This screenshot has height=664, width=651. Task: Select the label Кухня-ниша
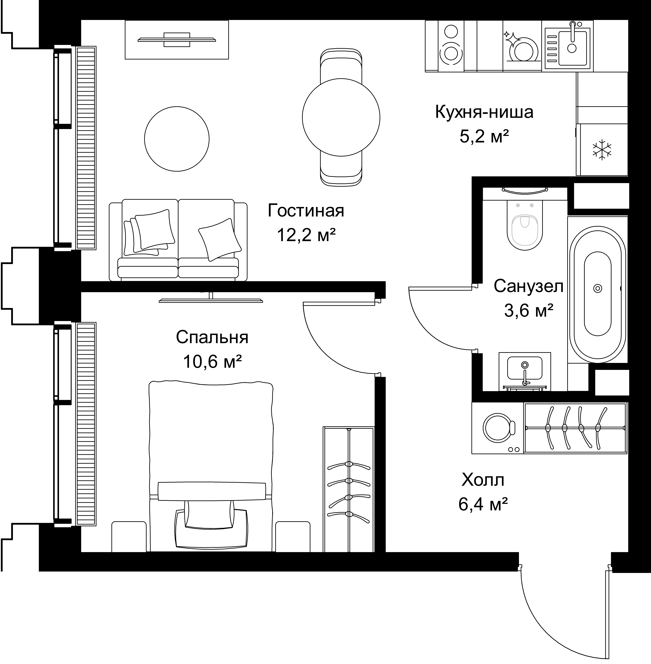484,112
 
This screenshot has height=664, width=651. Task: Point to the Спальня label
212,337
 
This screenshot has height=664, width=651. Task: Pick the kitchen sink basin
572,47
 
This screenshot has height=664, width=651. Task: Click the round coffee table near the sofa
177,139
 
